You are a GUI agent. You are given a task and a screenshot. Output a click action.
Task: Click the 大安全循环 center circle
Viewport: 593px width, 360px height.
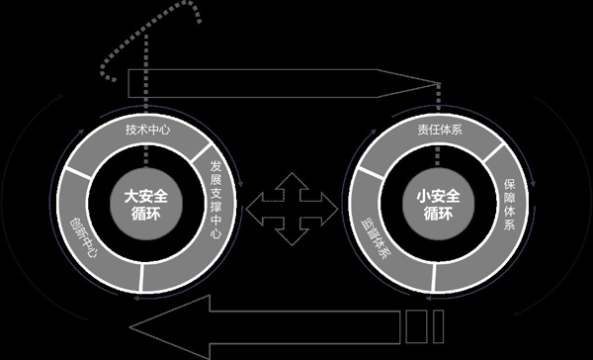click(144, 205)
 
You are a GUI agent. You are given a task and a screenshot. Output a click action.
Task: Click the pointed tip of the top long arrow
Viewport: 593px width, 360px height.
click(435, 82)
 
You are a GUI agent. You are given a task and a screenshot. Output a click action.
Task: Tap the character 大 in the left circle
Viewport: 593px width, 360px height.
click(130, 196)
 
